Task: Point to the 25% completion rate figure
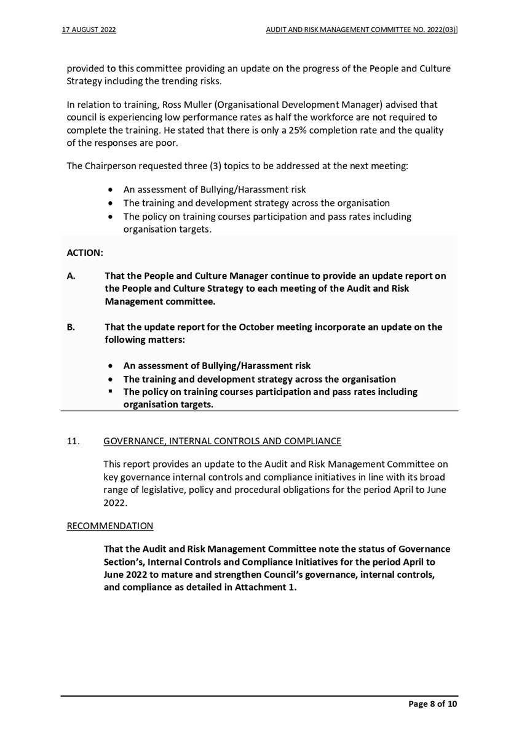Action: (x=292, y=130)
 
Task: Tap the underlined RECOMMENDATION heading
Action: (x=110, y=526)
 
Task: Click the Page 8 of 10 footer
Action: (x=433, y=704)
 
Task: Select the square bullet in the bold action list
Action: (x=110, y=391)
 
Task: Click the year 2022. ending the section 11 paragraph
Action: (x=116, y=502)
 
